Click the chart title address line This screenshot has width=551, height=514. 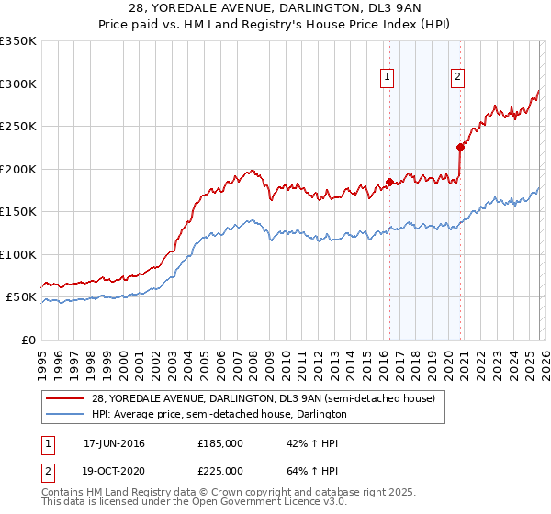(275, 9)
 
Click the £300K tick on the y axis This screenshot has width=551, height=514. (17, 84)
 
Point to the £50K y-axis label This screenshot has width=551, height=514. (21, 297)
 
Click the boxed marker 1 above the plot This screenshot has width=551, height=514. (388, 78)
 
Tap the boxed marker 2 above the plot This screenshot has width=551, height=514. (457, 78)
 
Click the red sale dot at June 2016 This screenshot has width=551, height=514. (389, 182)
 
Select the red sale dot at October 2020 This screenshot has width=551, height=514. (460, 147)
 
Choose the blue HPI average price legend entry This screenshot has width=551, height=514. (219, 415)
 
